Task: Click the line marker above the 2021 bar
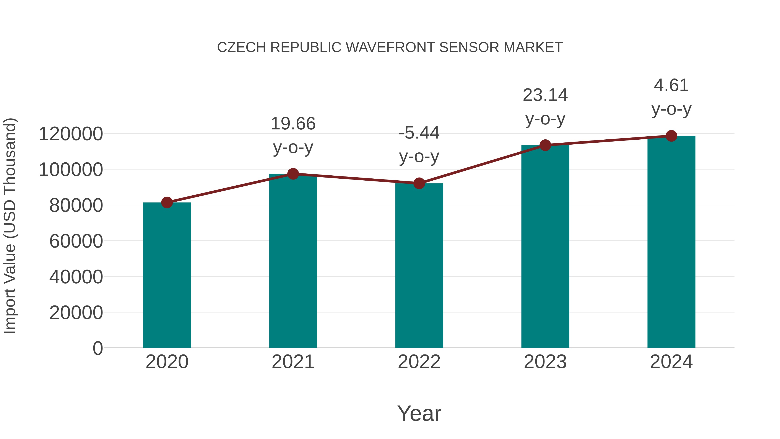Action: (x=293, y=174)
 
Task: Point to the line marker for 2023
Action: (x=545, y=145)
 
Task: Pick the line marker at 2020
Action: (x=167, y=202)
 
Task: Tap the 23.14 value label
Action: (x=545, y=95)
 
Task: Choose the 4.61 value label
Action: (x=671, y=85)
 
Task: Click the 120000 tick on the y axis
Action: (x=71, y=134)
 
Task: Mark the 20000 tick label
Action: (x=76, y=313)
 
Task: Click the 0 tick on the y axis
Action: (x=98, y=348)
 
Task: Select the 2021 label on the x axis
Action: (x=293, y=362)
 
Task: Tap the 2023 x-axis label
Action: (x=545, y=362)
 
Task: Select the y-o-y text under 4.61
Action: (x=671, y=109)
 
